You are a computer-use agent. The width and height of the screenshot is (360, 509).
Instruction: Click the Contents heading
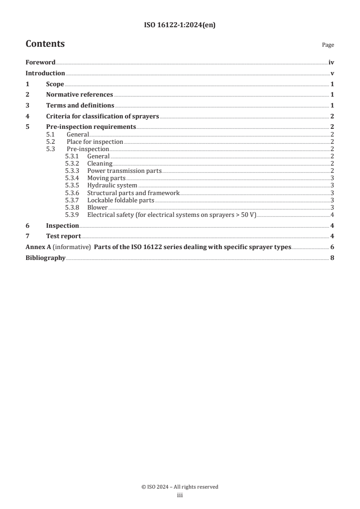[x=45, y=44]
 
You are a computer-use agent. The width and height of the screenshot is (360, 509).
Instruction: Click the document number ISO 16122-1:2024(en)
[x=180, y=25]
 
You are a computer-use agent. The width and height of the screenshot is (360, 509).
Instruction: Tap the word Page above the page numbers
[x=328, y=45]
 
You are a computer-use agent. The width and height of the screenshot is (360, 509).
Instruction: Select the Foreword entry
[x=40, y=63]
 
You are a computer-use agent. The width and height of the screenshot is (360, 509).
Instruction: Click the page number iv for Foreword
[x=331, y=63]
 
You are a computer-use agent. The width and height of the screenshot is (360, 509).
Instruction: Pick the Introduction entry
[x=45, y=73]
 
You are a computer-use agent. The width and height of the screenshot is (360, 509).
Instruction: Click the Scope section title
[x=55, y=84]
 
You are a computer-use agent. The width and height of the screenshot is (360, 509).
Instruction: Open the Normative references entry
[x=79, y=95]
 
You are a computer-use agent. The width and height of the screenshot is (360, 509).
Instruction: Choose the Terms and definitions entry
[x=80, y=106]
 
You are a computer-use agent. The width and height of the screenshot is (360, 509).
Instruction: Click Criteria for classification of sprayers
[x=102, y=116]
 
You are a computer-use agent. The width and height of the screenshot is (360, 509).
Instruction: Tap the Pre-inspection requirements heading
[x=91, y=127]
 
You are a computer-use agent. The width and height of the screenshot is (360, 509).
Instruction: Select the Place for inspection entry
[x=94, y=142]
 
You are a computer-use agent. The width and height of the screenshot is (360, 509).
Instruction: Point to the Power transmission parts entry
[x=124, y=171]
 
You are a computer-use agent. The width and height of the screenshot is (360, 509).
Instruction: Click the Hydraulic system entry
[x=112, y=186]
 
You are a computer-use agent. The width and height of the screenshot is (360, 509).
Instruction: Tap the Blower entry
[x=97, y=207]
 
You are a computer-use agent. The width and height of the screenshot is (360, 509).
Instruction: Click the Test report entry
[x=63, y=236]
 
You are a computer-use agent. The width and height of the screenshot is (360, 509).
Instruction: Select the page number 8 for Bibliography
[x=332, y=258]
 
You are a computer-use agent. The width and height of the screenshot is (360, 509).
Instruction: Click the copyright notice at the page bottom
[x=180, y=487]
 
